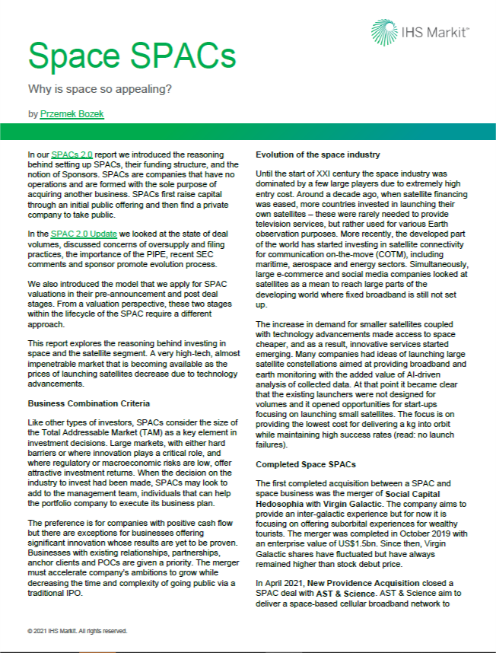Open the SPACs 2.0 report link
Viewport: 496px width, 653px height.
tap(78, 154)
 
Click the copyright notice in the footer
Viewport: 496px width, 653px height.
tap(77, 631)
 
